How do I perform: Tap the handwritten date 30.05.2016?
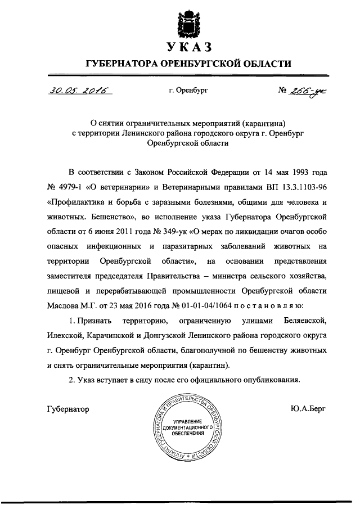[x=70, y=90]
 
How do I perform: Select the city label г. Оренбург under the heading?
[x=188, y=91]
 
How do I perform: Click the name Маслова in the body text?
[x=67, y=305]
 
